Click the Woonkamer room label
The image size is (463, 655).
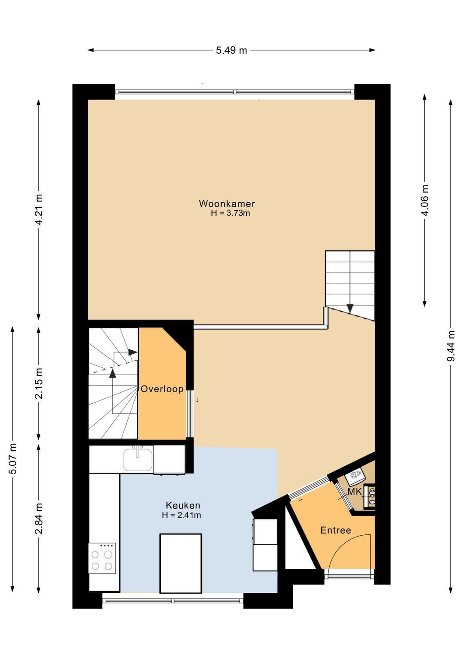tap(227, 203)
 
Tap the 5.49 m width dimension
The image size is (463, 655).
tap(231, 50)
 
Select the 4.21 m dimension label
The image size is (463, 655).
tap(39, 209)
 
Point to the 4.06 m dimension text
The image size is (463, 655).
tap(425, 200)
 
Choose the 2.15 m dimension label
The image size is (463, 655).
tap(39, 383)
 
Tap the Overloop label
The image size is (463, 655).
tap(162, 389)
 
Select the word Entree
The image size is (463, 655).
tap(336, 530)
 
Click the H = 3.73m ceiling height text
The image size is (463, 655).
tap(231, 213)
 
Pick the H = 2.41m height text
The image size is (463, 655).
tap(181, 515)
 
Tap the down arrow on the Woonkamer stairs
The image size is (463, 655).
tap(350, 308)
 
